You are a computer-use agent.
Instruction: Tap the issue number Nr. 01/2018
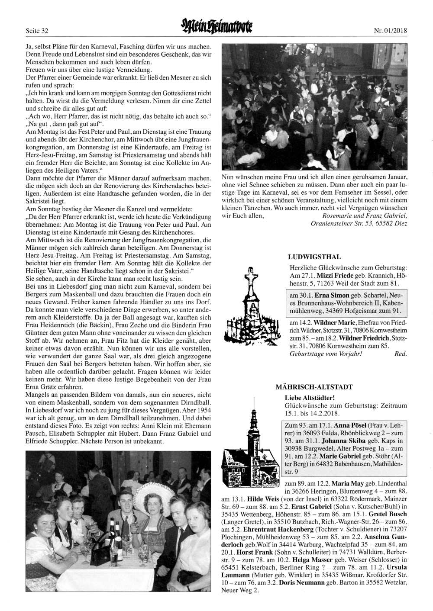click(x=391, y=31)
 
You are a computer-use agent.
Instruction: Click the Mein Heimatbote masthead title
click(x=216, y=28)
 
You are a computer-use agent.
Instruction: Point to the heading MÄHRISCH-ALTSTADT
click(x=314, y=386)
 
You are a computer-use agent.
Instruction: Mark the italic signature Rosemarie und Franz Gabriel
click(x=365, y=215)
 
